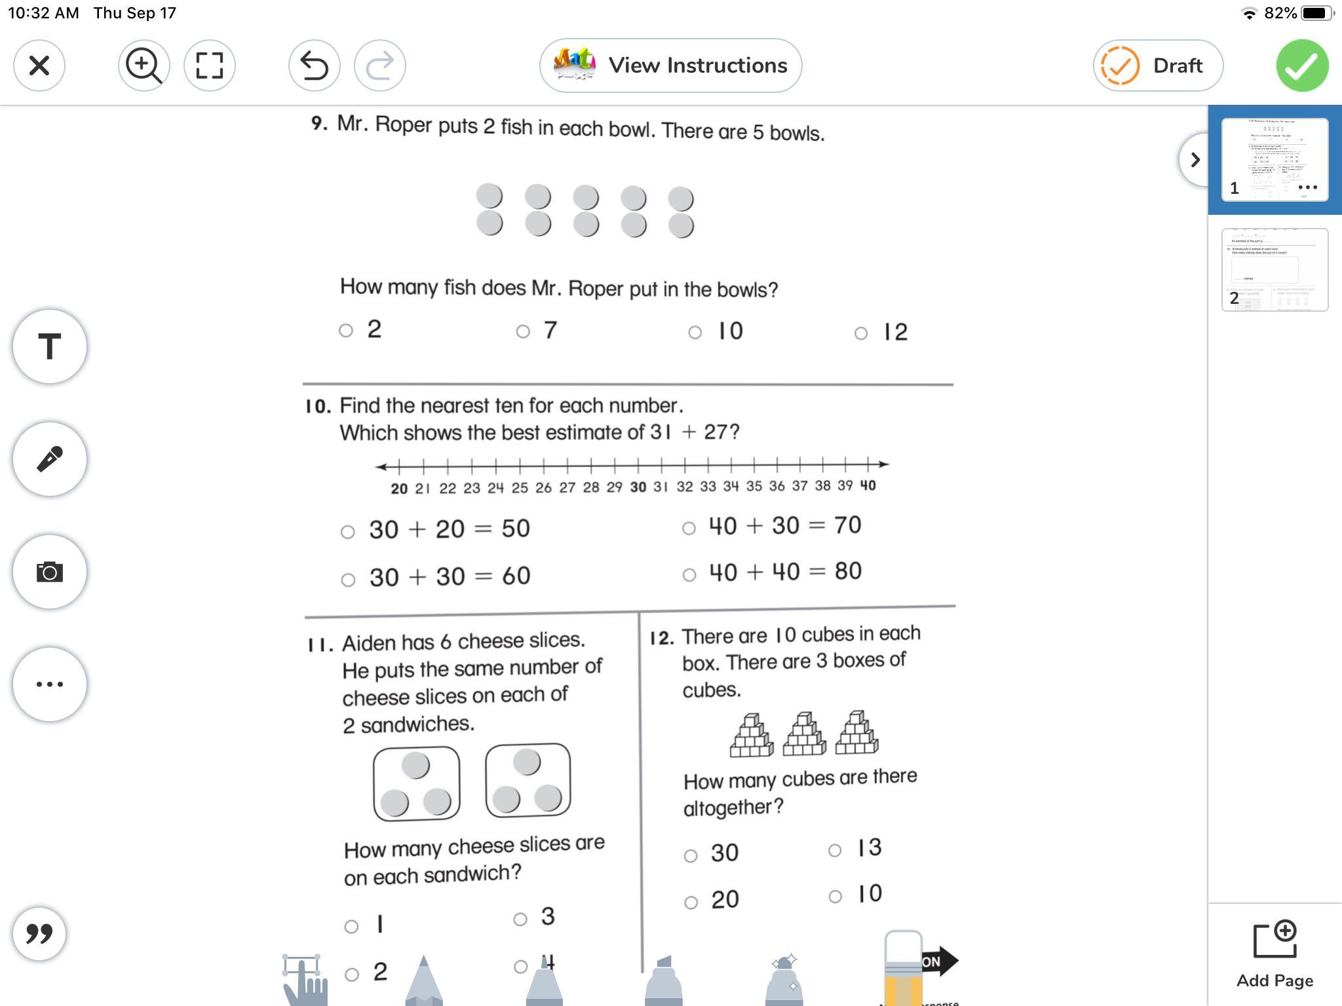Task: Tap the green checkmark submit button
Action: pyautogui.click(x=1302, y=65)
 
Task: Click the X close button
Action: pyautogui.click(x=39, y=65)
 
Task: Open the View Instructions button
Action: pyautogui.click(x=670, y=65)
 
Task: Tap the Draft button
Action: pyautogui.click(x=1157, y=65)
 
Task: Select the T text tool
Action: pyautogui.click(x=50, y=346)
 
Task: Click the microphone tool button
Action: pyautogui.click(x=50, y=459)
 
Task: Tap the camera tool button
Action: pyautogui.click(x=50, y=572)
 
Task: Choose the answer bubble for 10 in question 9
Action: pyautogui.click(x=695, y=333)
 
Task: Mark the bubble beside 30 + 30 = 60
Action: pyautogui.click(x=348, y=580)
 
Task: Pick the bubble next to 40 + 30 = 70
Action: pyautogui.click(x=689, y=528)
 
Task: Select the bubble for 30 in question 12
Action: pyautogui.click(x=691, y=855)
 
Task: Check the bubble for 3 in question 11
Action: pyautogui.click(x=520, y=920)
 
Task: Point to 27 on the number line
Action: pyautogui.click(x=567, y=487)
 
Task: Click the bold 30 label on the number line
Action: pyautogui.click(x=638, y=487)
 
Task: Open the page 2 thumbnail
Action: pyautogui.click(x=1275, y=270)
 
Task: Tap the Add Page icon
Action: pyautogui.click(x=1275, y=941)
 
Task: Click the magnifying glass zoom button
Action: pyautogui.click(x=144, y=65)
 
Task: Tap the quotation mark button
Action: pyautogui.click(x=39, y=934)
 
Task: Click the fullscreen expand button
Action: pyautogui.click(x=210, y=65)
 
